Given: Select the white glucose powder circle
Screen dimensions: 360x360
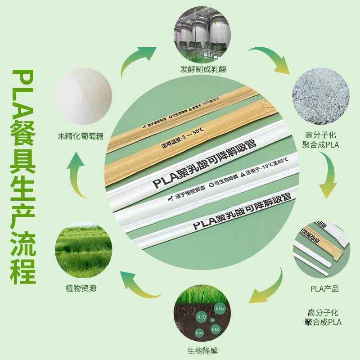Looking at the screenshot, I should click(x=83, y=96).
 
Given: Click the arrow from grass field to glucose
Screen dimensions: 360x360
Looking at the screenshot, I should click(x=79, y=175).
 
